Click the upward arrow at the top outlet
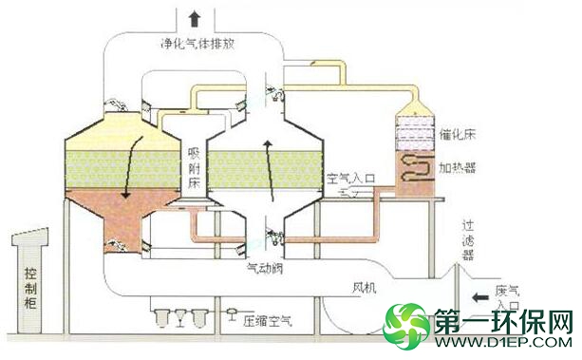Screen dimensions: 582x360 tap(194, 19)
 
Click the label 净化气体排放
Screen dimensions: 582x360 tap(197, 45)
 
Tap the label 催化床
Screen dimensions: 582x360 tap(458, 134)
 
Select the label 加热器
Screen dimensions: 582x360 tap(458, 168)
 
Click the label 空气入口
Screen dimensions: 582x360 tap(351, 179)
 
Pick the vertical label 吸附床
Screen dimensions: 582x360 tap(194, 168)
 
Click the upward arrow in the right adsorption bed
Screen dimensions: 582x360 tap(269, 171)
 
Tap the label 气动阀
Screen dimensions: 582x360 tap(265, 268)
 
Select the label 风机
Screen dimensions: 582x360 tap(365, 288)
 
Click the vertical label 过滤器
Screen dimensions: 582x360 tap(468, 240)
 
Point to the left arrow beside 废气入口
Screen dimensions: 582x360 tap(480, 297)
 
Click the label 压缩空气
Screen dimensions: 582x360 tap(268, 321)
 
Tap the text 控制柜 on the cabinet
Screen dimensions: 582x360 tap(30, 289)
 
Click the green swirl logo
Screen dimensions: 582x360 tap(405, 327)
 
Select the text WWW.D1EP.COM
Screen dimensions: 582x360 tap(503, 342)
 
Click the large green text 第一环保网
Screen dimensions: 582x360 tap(503, 321)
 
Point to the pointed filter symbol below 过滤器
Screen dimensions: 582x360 tap(458, 273)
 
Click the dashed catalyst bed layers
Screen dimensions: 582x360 tap(415, 134)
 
